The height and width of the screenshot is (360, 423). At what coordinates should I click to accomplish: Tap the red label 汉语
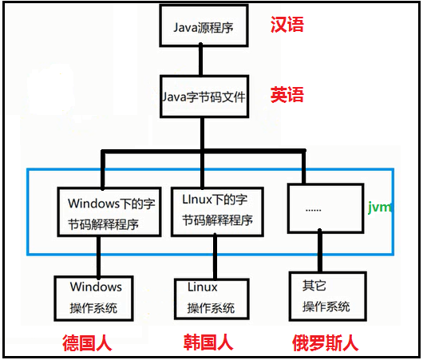(x=287, y=24)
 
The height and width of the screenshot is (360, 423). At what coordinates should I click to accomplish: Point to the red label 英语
(x=287, y=96)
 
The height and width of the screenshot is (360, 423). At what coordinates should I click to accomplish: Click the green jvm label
(x=380, y=207)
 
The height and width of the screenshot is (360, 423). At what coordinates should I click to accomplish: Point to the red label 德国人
(x=87, y=343)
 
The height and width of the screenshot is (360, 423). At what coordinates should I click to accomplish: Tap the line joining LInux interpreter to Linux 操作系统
(x=212, y=256)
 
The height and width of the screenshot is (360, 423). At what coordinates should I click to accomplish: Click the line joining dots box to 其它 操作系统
(x=319, y=251)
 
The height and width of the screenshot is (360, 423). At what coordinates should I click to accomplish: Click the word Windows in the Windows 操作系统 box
(x=96, y=287)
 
